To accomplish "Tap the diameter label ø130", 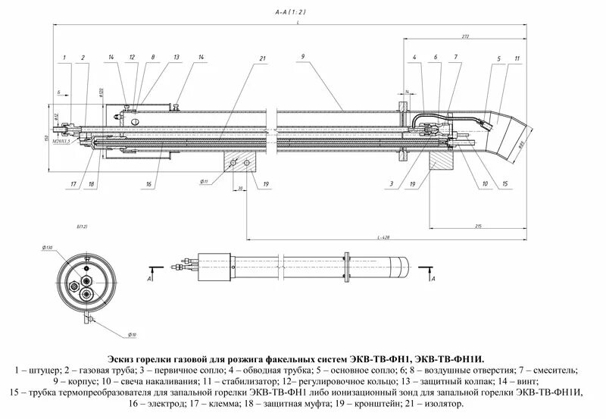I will (48, 248).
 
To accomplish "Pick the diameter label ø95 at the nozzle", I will (520, 145).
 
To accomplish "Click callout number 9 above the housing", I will (301, 57).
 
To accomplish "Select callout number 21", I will (261, 58).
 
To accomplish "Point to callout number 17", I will (73, 184).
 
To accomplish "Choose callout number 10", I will (484, 184).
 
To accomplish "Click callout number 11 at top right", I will (517, 58).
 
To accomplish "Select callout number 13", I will (176, 58).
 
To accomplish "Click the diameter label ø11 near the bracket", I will (205, 182).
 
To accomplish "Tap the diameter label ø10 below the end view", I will (132, 335).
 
